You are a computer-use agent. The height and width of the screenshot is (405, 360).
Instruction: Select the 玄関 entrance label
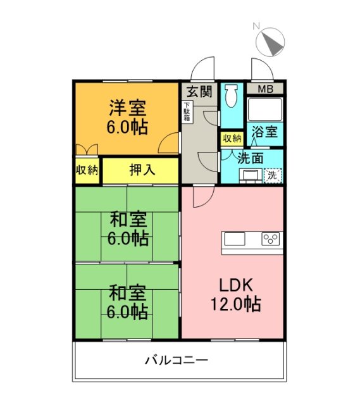click(x=199, y=90)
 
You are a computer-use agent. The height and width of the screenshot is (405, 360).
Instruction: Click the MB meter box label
click(x=265, y=89)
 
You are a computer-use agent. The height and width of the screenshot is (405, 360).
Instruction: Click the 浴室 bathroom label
click(x=264, y=132)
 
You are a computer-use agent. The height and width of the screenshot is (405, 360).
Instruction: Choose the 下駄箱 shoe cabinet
click(x=187, y=112)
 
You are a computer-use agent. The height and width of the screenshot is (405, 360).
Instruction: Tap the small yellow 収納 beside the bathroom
click(x=231, y=138)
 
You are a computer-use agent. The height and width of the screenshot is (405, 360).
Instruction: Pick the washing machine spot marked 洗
click(x=273, y=175)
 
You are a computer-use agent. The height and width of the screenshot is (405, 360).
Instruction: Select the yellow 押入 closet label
click(x=141, y=170)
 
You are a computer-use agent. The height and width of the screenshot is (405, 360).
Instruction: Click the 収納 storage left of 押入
click(x=87, y=170)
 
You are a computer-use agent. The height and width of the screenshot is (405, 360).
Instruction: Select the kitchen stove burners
click(x=271, y=239)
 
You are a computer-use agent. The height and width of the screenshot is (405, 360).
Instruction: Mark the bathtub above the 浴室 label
click(x=264, y=110)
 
